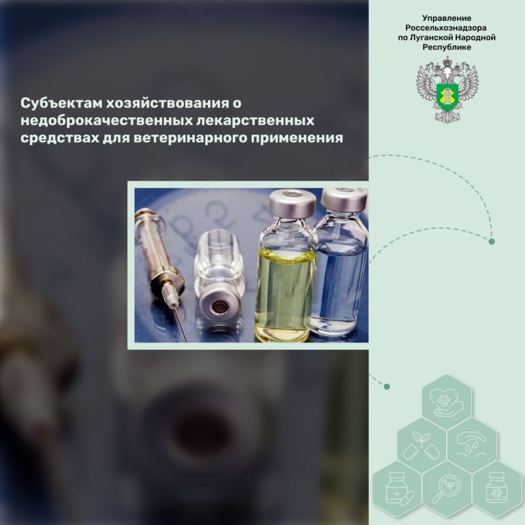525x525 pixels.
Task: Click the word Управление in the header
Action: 447,18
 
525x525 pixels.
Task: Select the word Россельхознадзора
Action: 447,28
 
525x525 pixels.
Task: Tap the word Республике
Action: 447,47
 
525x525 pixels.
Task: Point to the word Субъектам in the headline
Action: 61,103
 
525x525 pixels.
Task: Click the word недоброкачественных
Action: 107,120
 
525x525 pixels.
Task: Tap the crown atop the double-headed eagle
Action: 448,62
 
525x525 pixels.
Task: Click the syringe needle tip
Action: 186,340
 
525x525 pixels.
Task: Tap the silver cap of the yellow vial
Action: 293,203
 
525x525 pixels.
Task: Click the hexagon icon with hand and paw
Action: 447,402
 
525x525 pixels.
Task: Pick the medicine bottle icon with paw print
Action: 497,488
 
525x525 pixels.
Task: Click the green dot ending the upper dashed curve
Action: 492,241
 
